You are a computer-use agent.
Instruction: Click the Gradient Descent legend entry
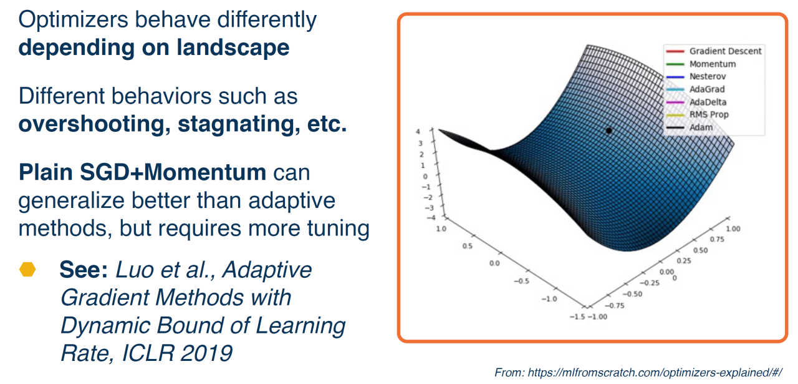(x=714, y=51)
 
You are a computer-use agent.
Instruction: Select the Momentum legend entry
(x=701, y=64)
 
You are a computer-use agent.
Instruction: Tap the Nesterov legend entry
(x=696, y=76)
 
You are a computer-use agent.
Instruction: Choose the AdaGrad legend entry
(x=695, y=89)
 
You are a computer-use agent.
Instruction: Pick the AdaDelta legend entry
(x=696, y=102)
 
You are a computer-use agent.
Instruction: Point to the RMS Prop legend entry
(x=697, y=114)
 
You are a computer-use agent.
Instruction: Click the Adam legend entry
(x=690, y=127)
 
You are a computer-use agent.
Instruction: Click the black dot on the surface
(x=609, y=131)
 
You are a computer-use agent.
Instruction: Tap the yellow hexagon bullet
(x=27, y=270)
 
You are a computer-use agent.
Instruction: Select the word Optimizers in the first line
(x=73, y=20)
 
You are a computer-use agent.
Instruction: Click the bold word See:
(x=84, y=270)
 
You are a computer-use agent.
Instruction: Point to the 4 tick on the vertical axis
(x=418, y=132)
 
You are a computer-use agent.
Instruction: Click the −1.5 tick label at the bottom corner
(x=577, y=317)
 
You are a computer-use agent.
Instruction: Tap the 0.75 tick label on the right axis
(x=717, y=240)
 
